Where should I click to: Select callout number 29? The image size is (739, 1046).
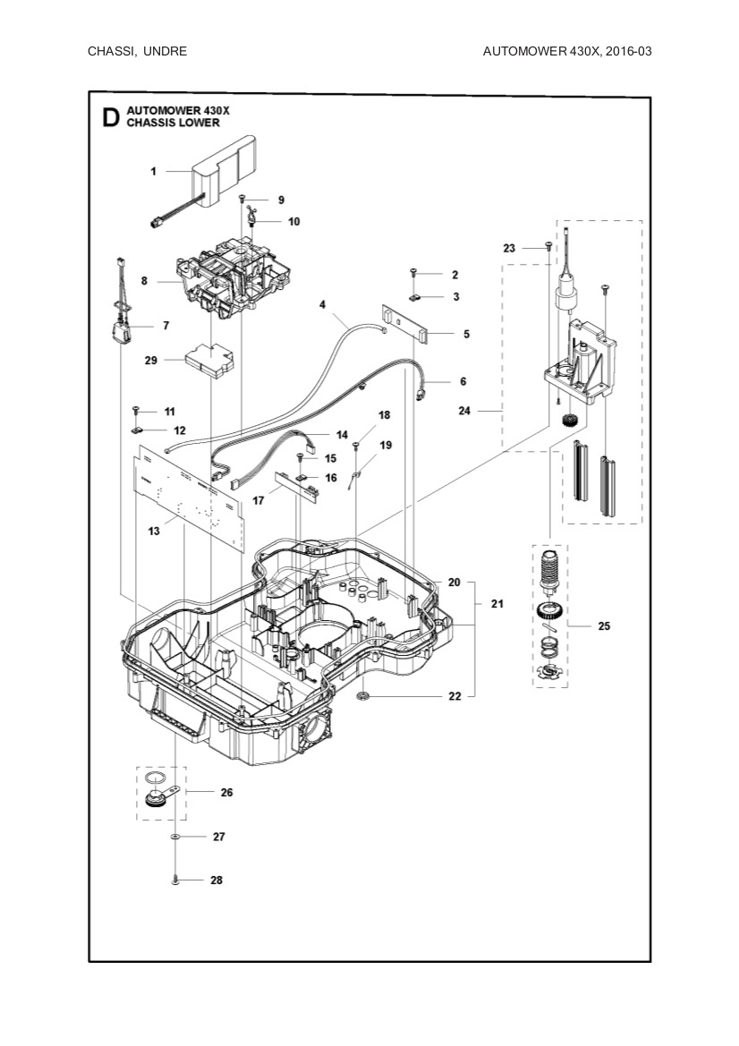(x=151, y=361)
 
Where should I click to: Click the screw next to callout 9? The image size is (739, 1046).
(x=242, y=199)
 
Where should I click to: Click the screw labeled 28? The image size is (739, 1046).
(x=175, y=880)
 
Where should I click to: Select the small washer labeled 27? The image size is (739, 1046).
(x=175, y=837)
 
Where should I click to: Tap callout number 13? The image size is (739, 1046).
(x=155, y=532)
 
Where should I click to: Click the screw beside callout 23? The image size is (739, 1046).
(x=548, y=246)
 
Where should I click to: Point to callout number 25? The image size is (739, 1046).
(x=604, y=626)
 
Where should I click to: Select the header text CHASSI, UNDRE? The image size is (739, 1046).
(x=137, y=51)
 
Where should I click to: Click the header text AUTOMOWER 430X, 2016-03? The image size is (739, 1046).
(x=566, y=51)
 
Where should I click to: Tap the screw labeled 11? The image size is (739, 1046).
(x=136, y=411)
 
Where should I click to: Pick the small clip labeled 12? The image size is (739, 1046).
(x=138, y=430)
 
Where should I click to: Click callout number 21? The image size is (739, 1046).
(x=497, y=604)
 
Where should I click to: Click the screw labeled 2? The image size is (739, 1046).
(x=414, y=273)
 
